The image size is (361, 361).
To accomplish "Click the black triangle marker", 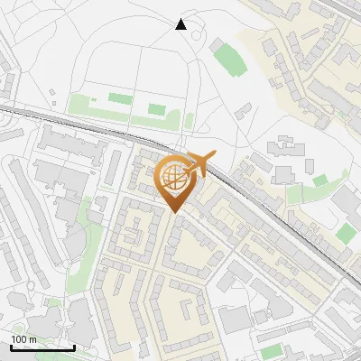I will pos(180,24).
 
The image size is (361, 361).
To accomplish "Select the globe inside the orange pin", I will pos(171,177).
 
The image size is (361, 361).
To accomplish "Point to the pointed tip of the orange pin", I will pos(172,213).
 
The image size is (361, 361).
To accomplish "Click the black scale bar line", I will pos(42,347).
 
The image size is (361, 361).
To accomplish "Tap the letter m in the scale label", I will pos(32,339).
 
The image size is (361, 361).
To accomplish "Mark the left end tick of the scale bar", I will pos(11,346).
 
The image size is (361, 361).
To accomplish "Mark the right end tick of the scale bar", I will pos(74,346).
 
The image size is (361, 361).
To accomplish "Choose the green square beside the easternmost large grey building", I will pos(346,234).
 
